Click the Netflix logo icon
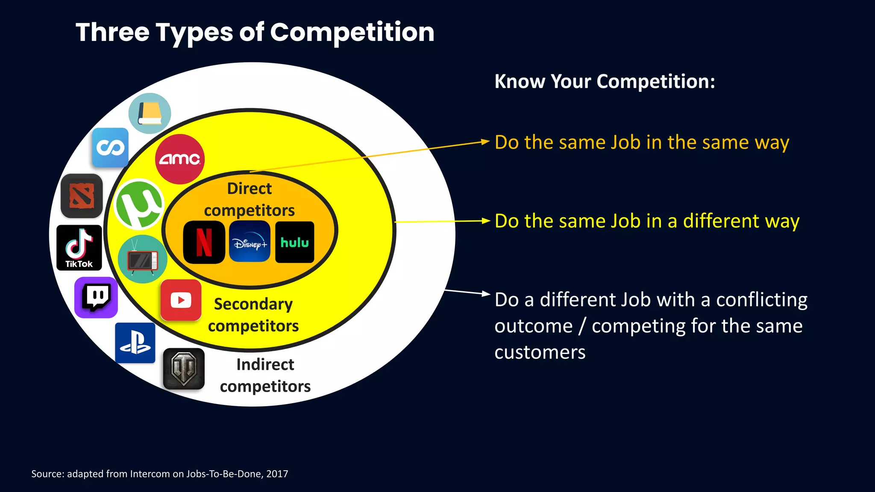[204, 242]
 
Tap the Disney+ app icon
[250, 242]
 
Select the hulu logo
[295, 242]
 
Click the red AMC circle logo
[180, 159]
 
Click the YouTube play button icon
[181, 300]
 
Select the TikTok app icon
[79, 248]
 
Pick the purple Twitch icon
[96, 297]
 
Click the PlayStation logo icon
[135, 343]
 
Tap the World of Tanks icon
[184, 369]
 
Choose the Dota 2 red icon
[82, 196]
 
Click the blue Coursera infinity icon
[110, 148]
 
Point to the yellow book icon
[150, 113]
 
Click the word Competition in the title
[352, 32]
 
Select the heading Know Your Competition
[605, 81]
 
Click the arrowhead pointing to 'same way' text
[485, 141]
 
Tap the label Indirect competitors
[265, 375]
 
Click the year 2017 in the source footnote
[277, 474]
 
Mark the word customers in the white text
[540, 353]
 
